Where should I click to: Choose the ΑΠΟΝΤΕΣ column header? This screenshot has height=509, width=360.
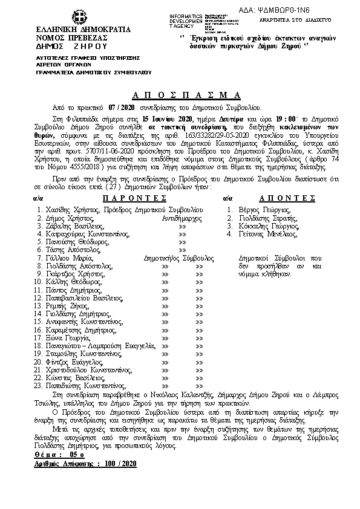tap(287, 181)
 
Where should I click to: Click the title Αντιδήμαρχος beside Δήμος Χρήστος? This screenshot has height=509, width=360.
tap(182, 200)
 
